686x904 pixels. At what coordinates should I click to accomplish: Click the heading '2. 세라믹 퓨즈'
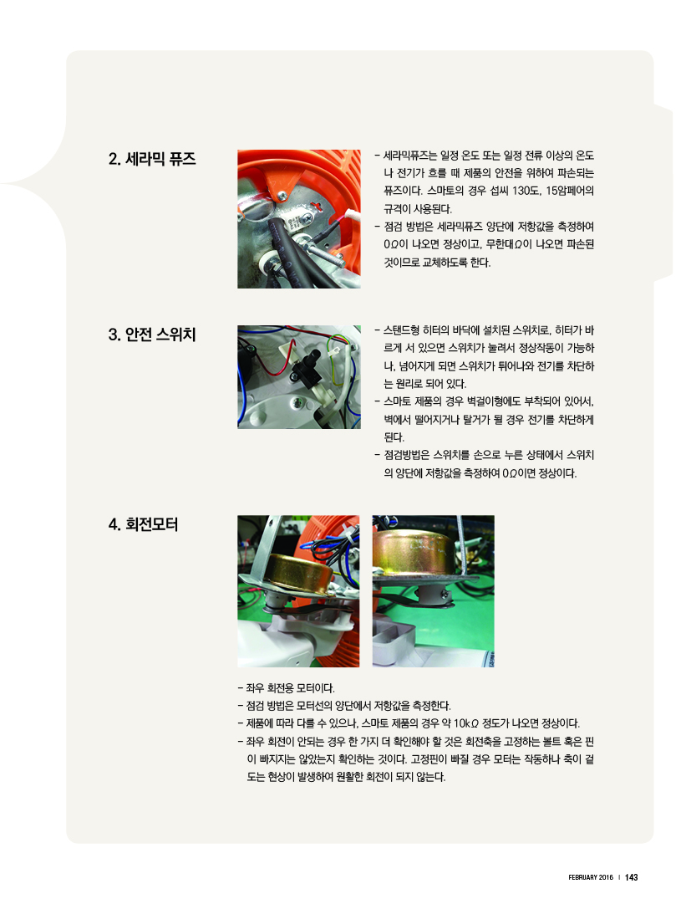pos(152,159)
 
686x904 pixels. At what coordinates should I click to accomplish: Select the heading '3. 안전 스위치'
pos(152,335)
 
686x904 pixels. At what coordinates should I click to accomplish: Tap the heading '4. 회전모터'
pos(143,524)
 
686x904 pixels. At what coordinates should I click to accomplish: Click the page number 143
pos(632,877)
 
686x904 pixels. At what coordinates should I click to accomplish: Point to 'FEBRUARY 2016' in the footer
pos(591,877)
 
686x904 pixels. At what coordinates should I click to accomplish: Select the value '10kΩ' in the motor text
pos(466,723)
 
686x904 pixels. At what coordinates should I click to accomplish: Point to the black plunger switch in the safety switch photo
pos(306,369)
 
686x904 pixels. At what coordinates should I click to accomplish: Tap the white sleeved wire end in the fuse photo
pos(349,217)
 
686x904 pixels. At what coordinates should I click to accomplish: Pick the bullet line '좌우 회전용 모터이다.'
pos(287,688)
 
